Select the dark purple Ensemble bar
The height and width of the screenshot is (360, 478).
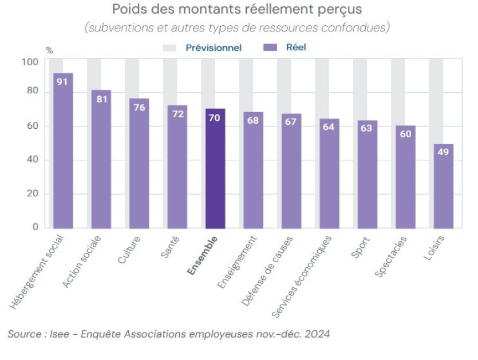click(215, 169)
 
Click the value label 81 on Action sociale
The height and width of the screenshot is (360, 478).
click(101, 99)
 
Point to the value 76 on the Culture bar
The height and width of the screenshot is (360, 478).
click(139, 108)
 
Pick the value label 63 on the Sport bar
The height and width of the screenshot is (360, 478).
click(366, 128)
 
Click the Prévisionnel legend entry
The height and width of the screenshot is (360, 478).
click(214, 48)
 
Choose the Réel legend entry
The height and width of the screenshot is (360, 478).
click(296, 48)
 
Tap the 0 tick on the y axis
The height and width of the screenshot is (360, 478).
click(35, 227)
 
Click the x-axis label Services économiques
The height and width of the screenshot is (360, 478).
click(302, 276)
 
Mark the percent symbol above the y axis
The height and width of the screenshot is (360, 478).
click(49, 50)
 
